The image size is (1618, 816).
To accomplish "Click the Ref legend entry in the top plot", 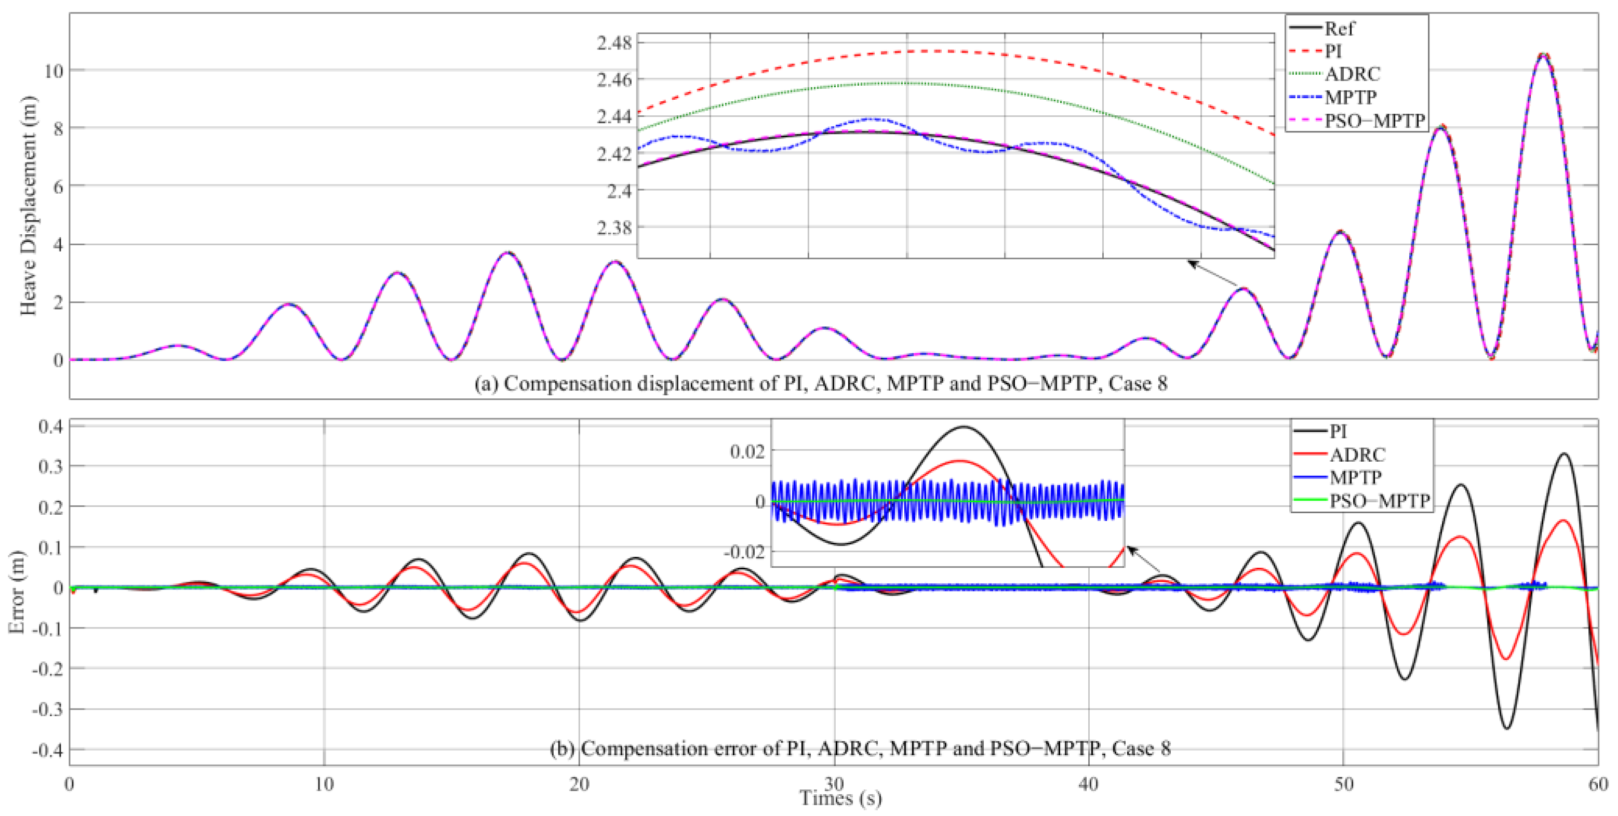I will [1339, 28].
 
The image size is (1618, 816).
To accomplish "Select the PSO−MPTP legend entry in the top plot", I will [1374, 121].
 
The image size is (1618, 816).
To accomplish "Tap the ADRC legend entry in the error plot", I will [1357, 454].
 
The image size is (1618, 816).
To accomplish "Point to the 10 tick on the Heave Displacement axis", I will [54, 70].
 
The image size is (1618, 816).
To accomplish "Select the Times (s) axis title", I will [840, 798].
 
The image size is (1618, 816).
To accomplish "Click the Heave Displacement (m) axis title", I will [28, 205].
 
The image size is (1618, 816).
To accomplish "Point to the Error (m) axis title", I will [17, 592].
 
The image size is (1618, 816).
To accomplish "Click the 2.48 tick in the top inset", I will [614, 43].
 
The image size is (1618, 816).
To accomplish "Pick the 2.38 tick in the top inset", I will [614, 228].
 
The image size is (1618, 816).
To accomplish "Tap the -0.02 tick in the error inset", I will [744, 552].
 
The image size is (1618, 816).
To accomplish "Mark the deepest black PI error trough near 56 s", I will [1506, 729].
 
